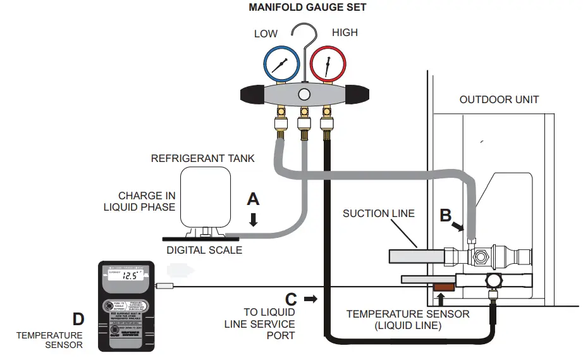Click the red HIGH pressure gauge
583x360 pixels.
[328, 65]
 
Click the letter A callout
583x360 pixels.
[253, 199]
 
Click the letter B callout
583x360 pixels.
[446, 215]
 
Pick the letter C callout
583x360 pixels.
[291, 297]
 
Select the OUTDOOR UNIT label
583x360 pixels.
[499, 100]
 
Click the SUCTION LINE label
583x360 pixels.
[379, 213]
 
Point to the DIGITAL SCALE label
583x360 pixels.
[204, 250]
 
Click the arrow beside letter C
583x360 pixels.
[310, 298]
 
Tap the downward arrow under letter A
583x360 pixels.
[254, 219]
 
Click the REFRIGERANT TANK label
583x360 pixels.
[202, 158]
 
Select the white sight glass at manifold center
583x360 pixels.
[304, 94]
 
